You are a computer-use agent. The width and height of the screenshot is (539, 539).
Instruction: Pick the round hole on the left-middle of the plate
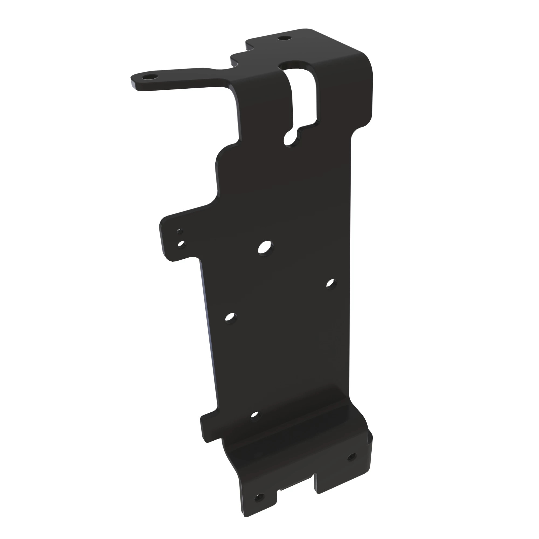pos(230,317)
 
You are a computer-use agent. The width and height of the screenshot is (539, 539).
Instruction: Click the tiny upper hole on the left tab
pos(180,231)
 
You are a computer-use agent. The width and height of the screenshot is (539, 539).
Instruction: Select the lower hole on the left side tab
pos(182,245)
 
